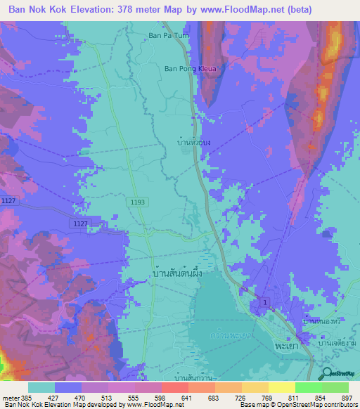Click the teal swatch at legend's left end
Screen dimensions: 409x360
[x=41, y=387]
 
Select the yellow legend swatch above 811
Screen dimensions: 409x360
[x=282, y=387]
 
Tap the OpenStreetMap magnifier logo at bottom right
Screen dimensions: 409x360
[x=327, y=375]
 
